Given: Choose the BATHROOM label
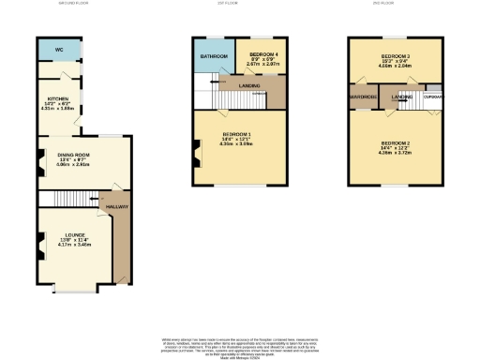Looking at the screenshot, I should click(x=213, y=56).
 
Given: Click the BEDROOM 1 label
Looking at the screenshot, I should click(x=235, y=134).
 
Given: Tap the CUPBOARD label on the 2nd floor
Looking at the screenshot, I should click(x=433, y=96).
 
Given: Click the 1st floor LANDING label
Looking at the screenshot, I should click(x=249, y=86).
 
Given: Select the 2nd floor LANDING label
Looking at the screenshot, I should click(x=402, y=97).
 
